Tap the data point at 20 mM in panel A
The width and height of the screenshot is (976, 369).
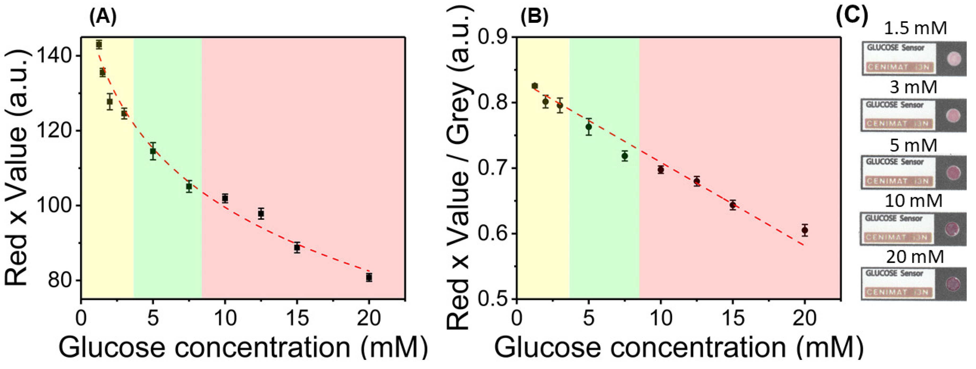(x=369, y=277)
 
